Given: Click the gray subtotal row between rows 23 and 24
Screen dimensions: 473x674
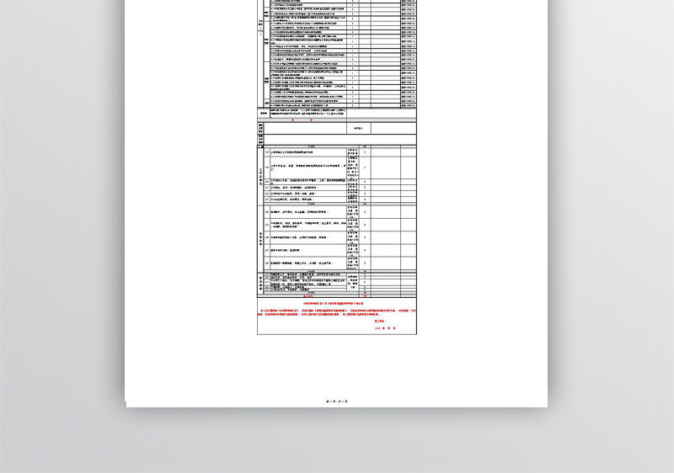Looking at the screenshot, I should [312, 204].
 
